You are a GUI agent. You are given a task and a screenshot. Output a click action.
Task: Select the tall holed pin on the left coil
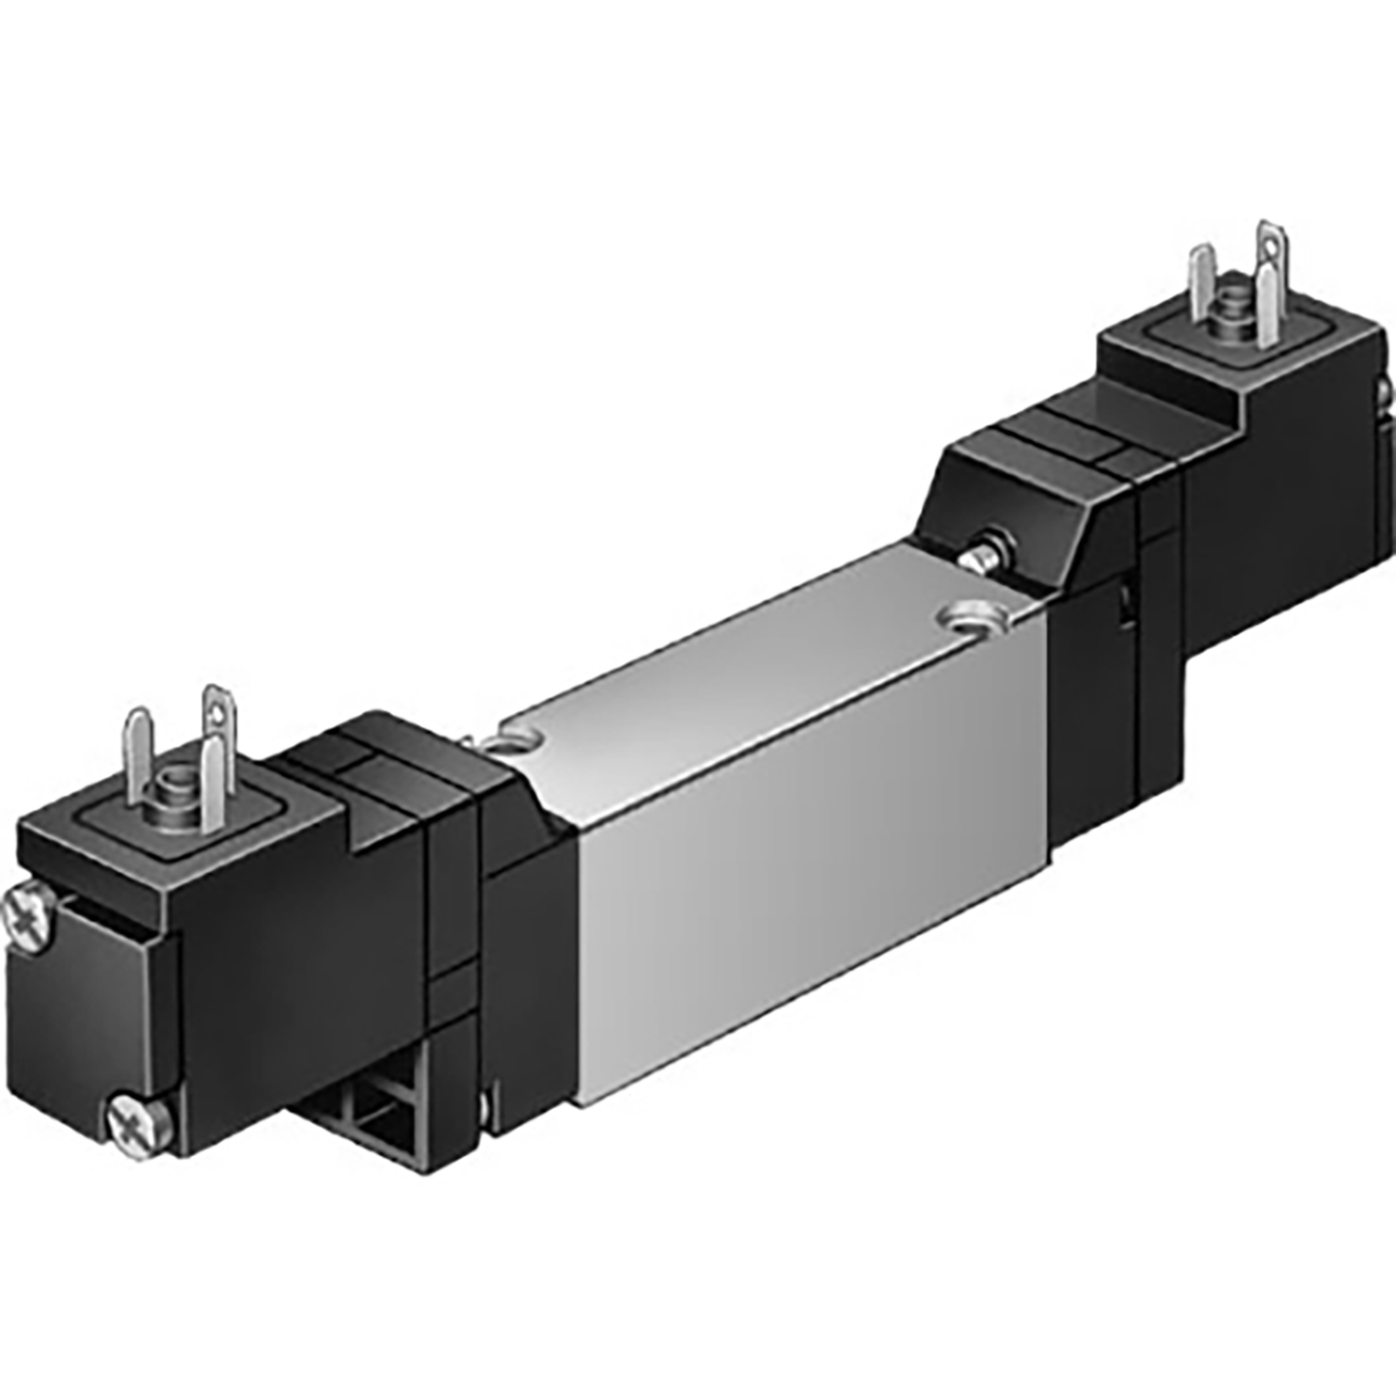(x=217, y=720)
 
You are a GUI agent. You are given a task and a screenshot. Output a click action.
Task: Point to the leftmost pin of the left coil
(x=138, y=745)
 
